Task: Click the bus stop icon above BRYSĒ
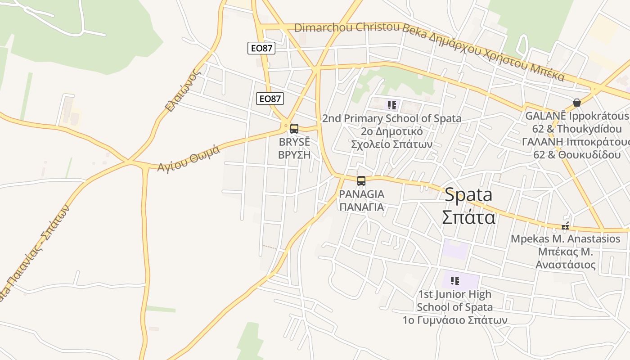(x=294, y=129)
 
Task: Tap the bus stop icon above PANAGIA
(x=361, y=181)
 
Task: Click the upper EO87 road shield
(x=261, y=48)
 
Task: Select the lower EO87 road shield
(x=270, y=99)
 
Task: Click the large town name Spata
(x=468, y=195)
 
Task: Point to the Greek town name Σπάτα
(x=468, y=217)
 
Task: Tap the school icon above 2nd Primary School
(x=392, y=105)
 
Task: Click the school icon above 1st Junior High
(x=455, y=281)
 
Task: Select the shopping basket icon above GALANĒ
(x=577, y=103)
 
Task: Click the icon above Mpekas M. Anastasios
(x=565, y=226)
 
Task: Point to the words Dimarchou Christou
(x=346, y=27)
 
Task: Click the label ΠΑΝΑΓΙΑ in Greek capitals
(x=361, y=207)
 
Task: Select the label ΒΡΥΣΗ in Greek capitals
(x=294, y=155)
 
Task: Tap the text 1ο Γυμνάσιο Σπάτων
(x=455, y=320)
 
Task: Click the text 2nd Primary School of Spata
(x=391, y=119)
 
